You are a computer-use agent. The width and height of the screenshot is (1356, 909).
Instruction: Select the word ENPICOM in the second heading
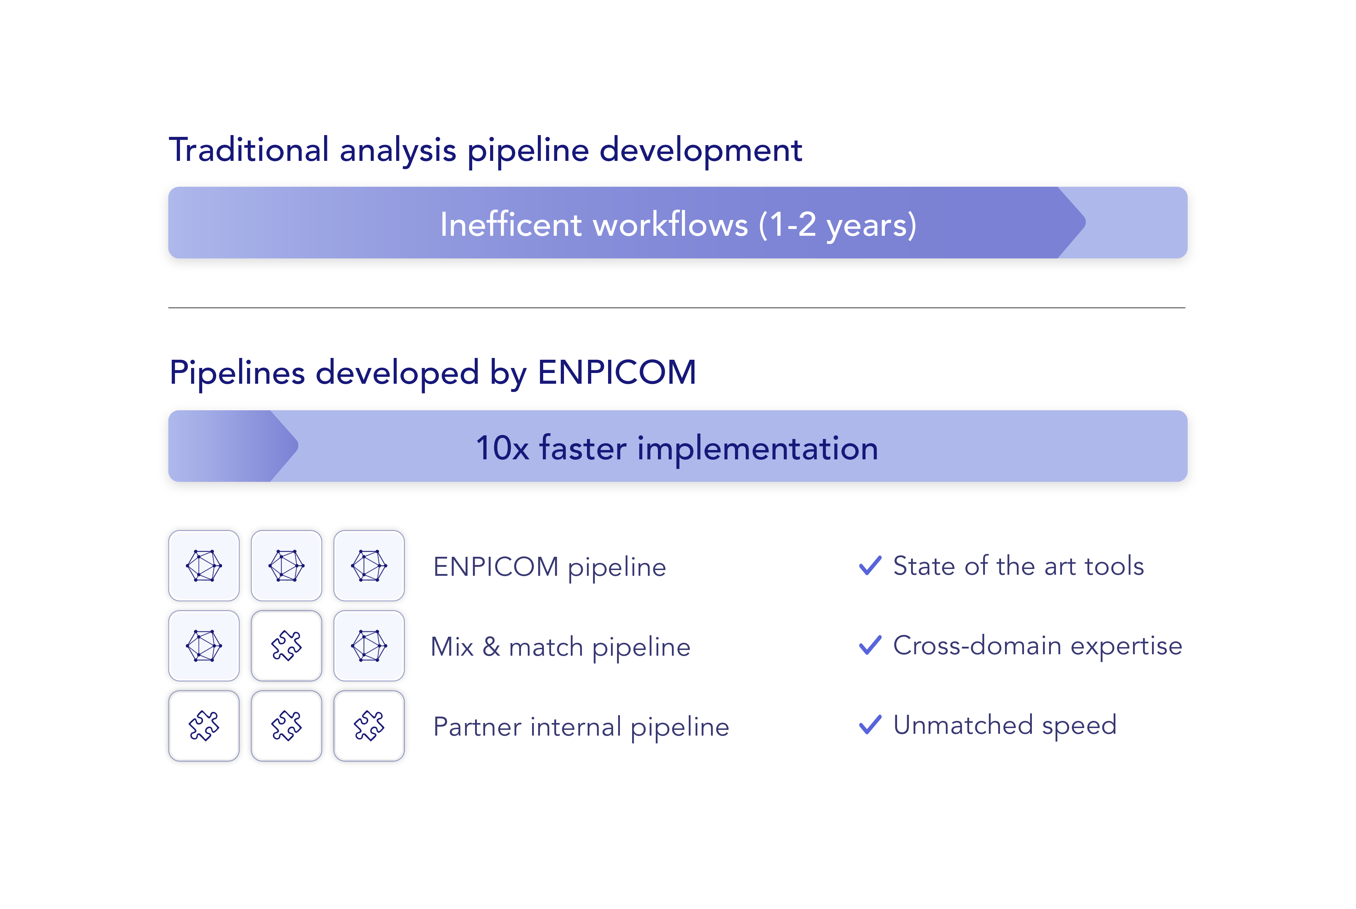tap(617, 372)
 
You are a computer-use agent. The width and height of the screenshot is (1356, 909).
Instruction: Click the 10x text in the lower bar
tap(502, 449)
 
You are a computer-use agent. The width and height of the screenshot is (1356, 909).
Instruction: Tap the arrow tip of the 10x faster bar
tap(298, 446)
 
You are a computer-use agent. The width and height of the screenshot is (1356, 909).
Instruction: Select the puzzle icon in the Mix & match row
tap(286, 646)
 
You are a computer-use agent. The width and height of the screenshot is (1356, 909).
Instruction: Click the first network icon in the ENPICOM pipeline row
tap(204, 566)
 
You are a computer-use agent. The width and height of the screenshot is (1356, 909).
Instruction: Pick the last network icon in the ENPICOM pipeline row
tap(369, 566)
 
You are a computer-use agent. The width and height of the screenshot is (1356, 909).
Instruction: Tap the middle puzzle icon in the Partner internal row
tap(286, 726)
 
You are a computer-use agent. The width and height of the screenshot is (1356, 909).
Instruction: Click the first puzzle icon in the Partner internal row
tap(204, 726)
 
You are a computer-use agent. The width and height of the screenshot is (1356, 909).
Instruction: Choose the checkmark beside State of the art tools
tap(870, 565)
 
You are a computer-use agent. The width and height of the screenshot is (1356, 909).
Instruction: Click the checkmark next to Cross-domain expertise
tap(870, 645)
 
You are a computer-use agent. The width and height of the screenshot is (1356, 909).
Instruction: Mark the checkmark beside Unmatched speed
tap(870, 724)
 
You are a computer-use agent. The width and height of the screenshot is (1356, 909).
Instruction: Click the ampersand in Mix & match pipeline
tap(491, 646)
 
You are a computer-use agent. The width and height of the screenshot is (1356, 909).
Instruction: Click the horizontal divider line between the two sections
tap(677, 308)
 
